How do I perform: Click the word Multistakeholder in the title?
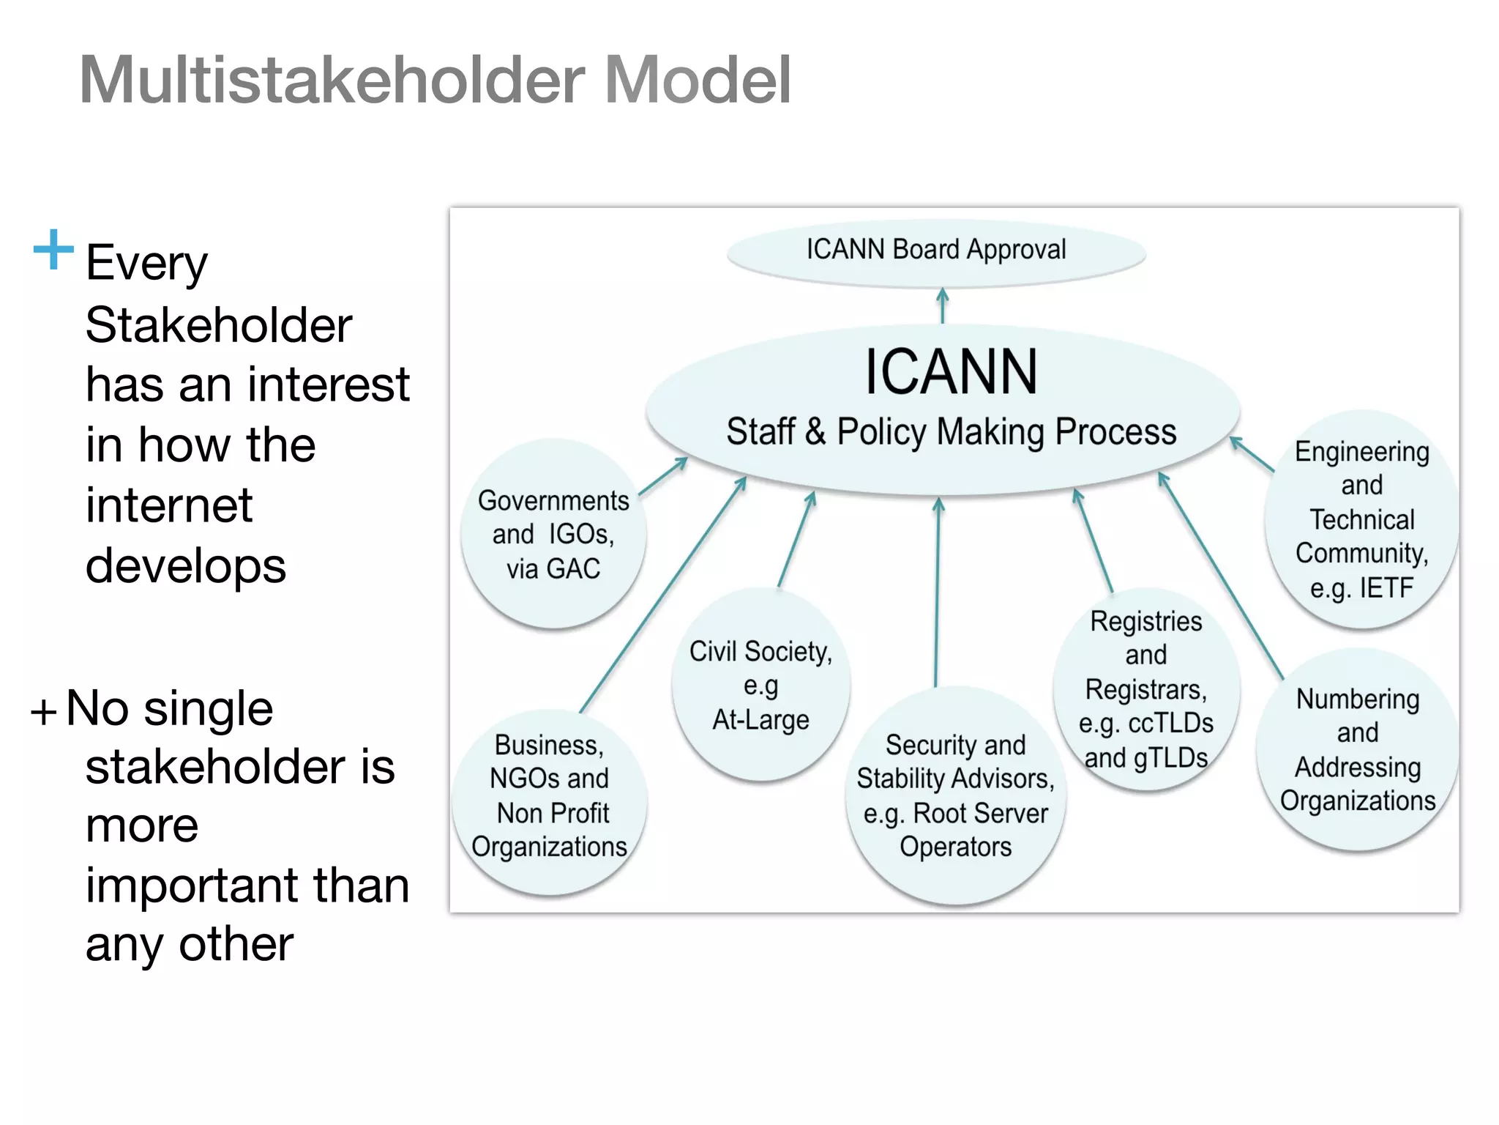(x=333, y=80)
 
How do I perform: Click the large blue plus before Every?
(x=53, y=250)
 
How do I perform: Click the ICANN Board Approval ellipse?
(x=936, y=250)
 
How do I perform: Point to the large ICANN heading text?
(x=951, y=372)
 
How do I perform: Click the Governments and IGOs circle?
(x=553, y=534)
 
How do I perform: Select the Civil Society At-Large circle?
(x=761, y=685)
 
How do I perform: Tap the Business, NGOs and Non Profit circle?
(x=550, y=801)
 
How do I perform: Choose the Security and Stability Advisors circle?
(x=955, y=795)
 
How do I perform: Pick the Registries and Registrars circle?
(x=1146, y=689)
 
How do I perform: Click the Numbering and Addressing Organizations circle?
(x=1358, y=749)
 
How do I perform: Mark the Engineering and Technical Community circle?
(x=1361, y=519)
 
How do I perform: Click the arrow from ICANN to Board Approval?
(x=943, y=305)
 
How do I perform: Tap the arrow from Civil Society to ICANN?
(x=796, y=539)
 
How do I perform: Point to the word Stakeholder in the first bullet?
(x=218, y=325)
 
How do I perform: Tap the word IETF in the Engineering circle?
(x=1386, y=588)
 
